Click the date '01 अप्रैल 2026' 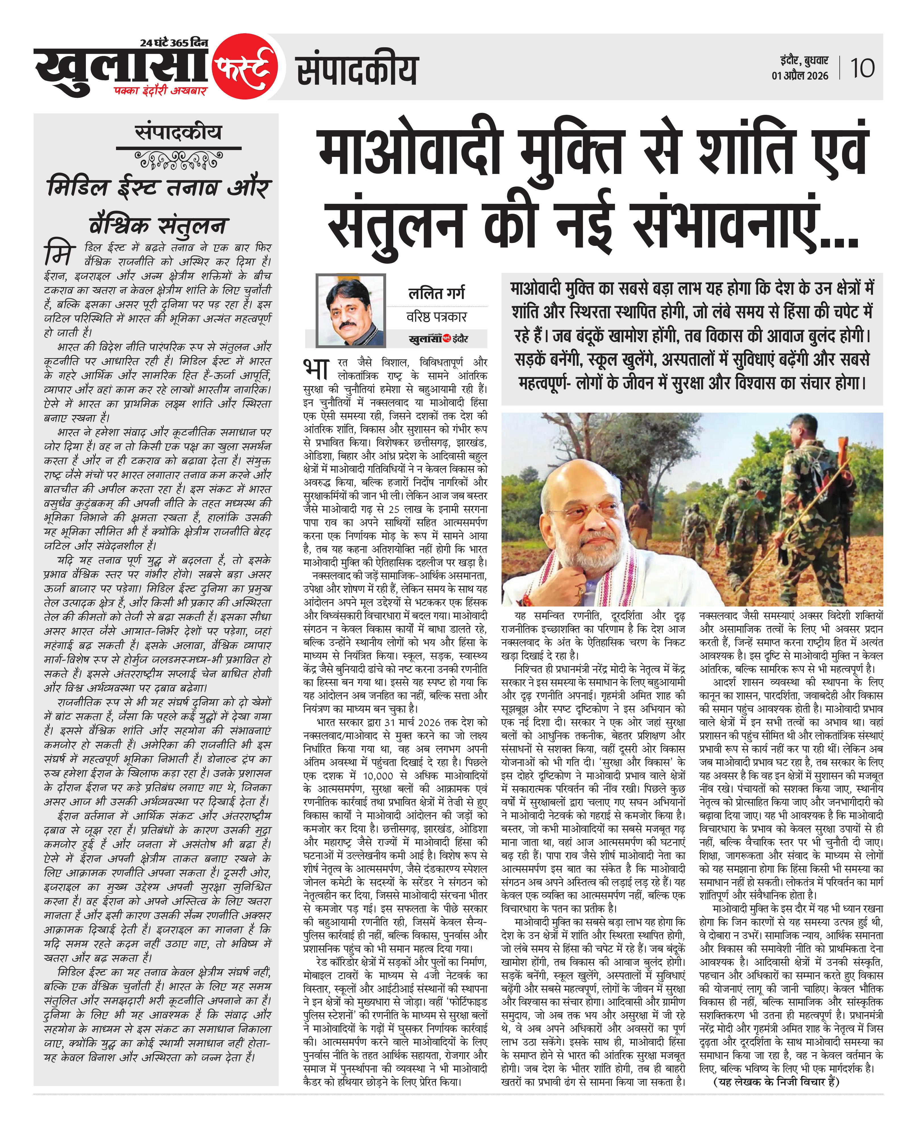coord(800,76)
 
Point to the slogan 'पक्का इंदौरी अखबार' coord(161,91)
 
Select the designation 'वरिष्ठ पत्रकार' coord(436,316)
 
